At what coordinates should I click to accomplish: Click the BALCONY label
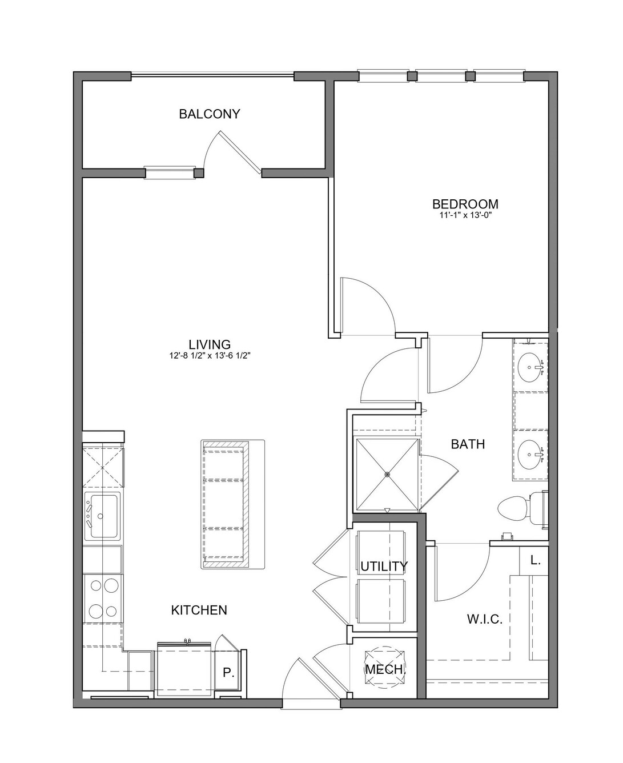pyautogui.click(x=209, y=114)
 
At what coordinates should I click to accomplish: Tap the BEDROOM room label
pyautogui.click(x=465, y=204)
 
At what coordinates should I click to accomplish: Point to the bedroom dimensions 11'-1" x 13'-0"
pyautogui.click(x=465, y=216)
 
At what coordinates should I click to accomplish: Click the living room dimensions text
pyautogui.click(x=210, y=356)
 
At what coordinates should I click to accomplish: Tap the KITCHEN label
pyautogui.click(x=199, y=611)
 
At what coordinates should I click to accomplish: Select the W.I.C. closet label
pyautogui.click(x=485, y=620)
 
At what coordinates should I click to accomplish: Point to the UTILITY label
pyautogui.click(x=384, y=566)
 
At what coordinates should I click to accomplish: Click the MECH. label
pyautogui.click(x=384, y=669)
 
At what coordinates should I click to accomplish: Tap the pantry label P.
pyautogui.click(x=228, y=672)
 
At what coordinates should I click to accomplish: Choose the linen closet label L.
pyautogui.click(x=536, y=561)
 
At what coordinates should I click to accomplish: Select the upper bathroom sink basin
pyautogui.click(x=530, y=367)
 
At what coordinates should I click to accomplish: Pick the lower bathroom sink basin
pyautogui.click(x=530, y=455)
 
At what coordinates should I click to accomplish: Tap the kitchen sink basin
pyautogui.click(x=104, y=516)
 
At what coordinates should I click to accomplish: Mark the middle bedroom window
pyautogui.click(x=441, y=76)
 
